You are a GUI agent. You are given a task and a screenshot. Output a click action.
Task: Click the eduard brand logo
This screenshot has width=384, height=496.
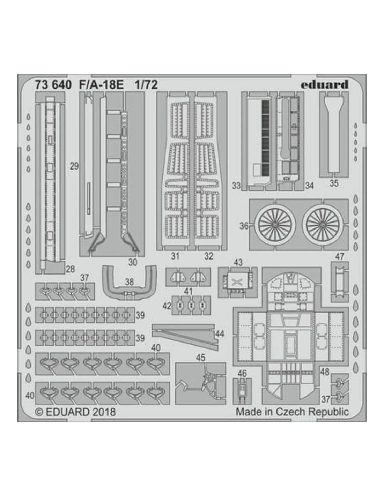324,84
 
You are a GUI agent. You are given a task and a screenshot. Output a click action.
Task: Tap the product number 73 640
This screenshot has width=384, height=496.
53,85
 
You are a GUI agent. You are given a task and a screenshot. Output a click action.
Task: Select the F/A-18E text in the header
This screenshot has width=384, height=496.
102,85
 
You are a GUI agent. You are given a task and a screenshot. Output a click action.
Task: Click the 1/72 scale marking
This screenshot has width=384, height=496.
146,85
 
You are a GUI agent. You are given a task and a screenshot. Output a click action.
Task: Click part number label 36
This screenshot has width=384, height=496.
244,226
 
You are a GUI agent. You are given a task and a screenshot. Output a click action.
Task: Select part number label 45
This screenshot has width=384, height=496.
201,358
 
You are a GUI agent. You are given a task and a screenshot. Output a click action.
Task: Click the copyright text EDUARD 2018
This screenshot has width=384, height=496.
76,412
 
